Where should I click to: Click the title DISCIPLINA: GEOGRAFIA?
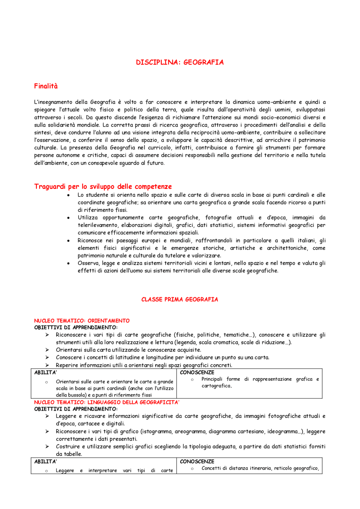coord(180,62)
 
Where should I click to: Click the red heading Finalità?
coord(46,86)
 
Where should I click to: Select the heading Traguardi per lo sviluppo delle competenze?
coord(103,187)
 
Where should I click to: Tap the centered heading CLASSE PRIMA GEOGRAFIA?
coord(180,300)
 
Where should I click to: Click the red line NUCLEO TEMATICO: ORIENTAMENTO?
coord(82,321)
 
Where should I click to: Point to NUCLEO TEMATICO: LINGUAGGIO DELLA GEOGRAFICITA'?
coord(107,402)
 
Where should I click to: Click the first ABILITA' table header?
coord(46,373)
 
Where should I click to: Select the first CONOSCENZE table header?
coord(197,373)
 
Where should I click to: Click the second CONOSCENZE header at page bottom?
coord(197,462)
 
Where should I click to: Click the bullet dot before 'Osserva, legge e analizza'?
coord(68,264)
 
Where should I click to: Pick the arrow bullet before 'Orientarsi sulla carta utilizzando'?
coord(47,350)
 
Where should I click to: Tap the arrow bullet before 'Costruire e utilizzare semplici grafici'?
coord(47,447)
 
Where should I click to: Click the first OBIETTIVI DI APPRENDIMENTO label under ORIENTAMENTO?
coord(76,327)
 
